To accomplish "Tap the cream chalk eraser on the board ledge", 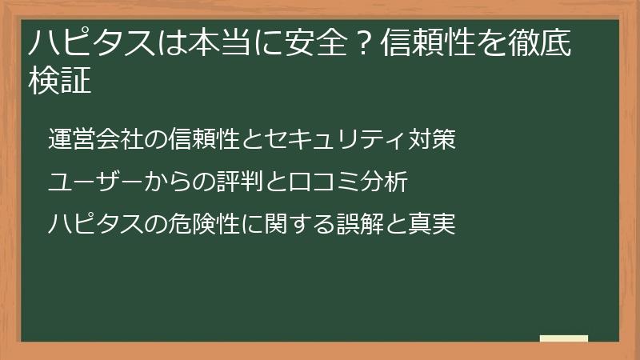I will [563, 339].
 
